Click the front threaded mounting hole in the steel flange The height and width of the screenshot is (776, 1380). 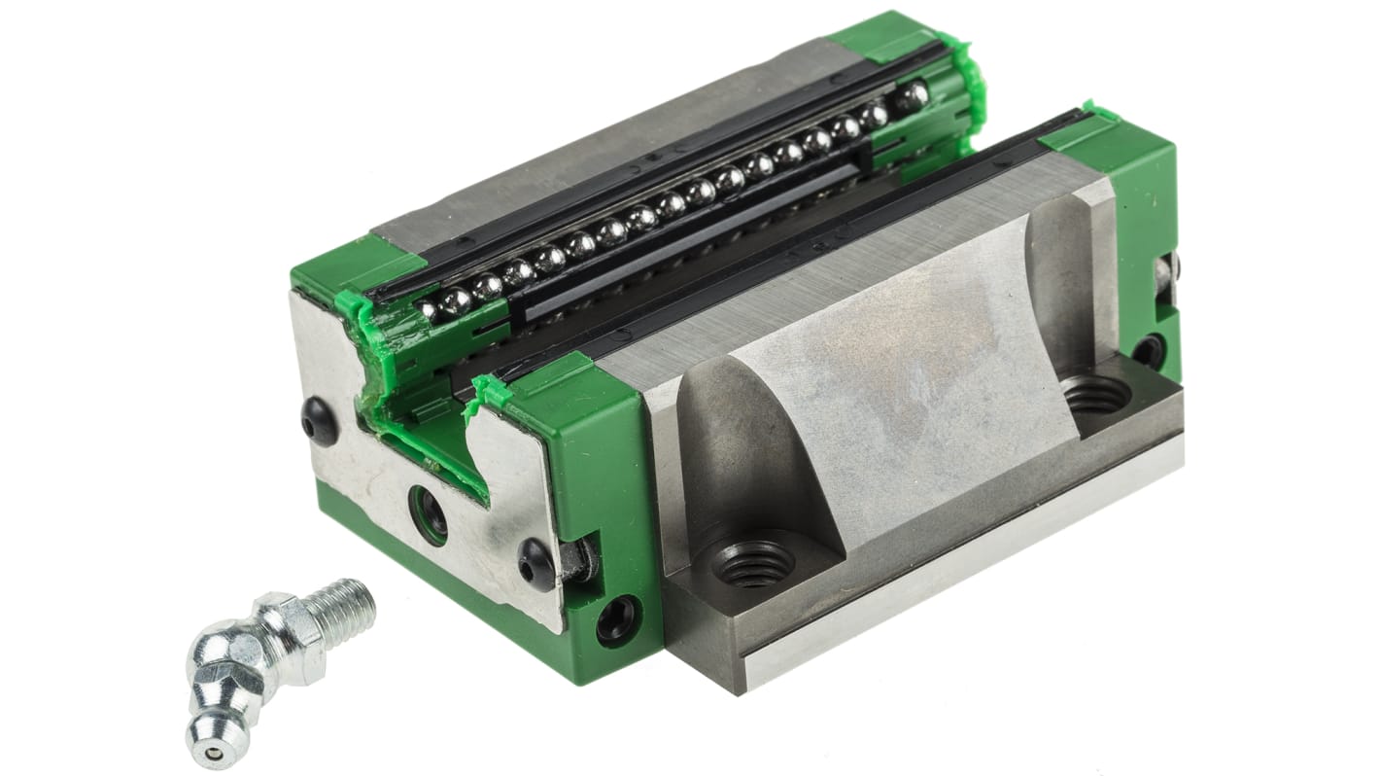pyautogui.click(x=753, y=563)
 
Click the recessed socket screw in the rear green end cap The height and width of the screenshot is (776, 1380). pyautogui.click(x=1150, y=349)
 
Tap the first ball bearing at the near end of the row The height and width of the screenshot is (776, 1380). pyautogui.click(x=429, y=311)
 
